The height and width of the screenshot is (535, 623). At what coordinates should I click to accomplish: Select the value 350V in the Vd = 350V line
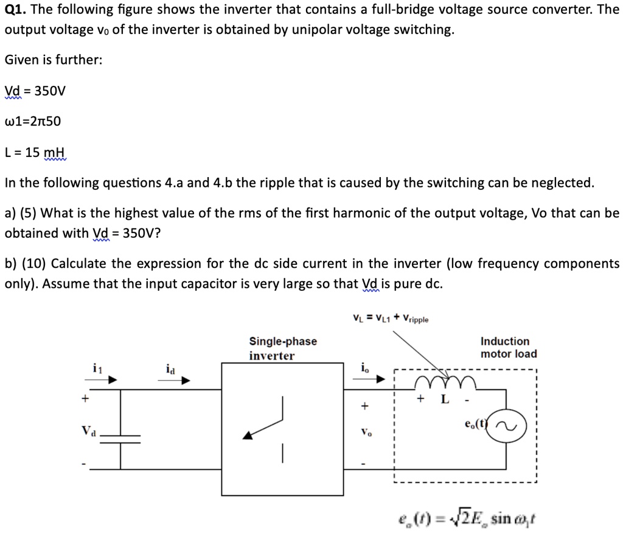click(x=50, y=91)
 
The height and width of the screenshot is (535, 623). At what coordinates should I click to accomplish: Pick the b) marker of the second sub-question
click(x=10, y=264)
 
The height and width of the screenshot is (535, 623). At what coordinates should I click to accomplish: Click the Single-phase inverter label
click(x=283, y=348)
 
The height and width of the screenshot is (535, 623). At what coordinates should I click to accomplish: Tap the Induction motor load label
click(x=509, y=348)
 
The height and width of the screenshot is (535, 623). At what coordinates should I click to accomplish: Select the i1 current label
click(x=97, y=368)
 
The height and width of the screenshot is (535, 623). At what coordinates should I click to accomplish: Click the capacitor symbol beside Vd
click(x=120, y=439)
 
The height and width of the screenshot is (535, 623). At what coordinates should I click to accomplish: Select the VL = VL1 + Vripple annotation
click(x=391, y=318)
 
